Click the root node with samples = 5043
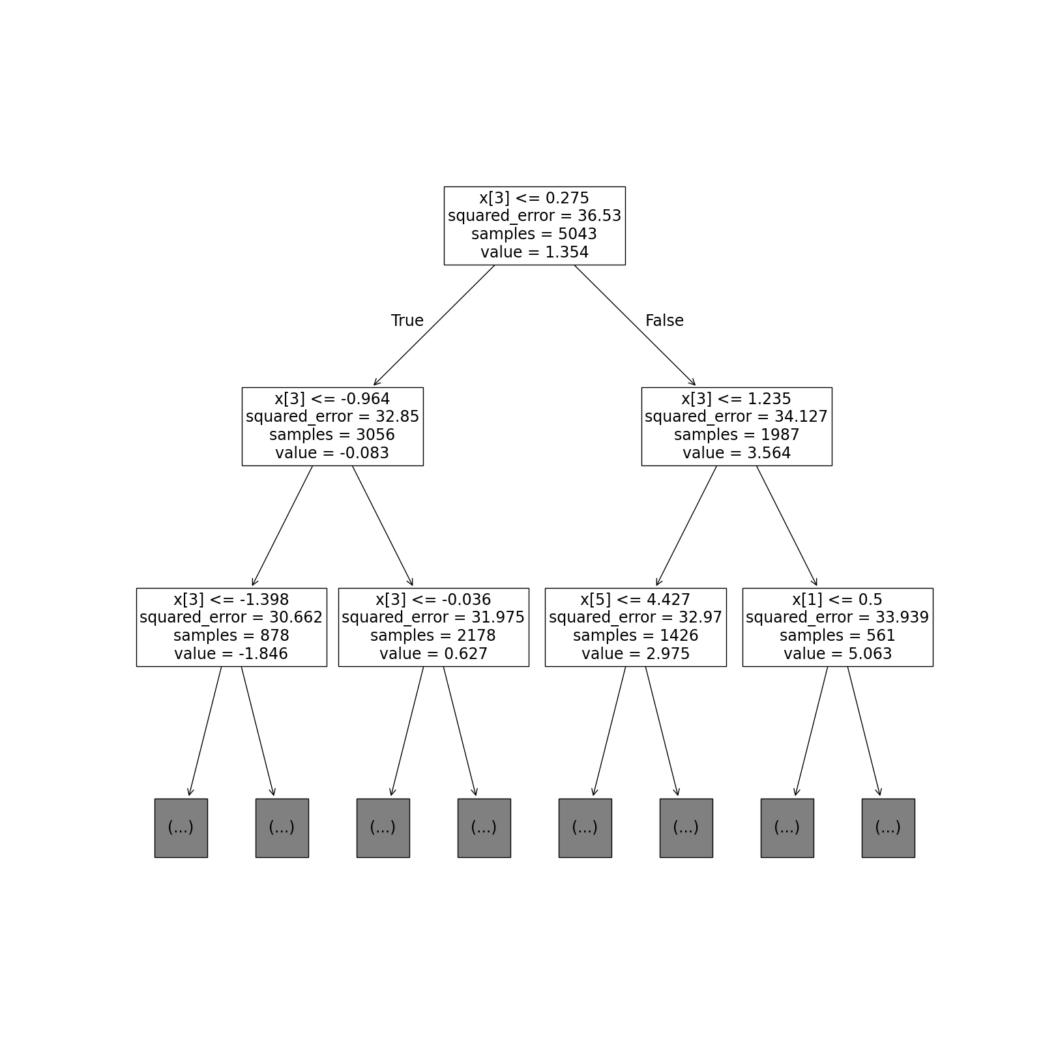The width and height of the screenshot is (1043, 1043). pyautogui.click(x=535, y=226)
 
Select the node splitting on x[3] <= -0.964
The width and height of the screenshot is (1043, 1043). pyautogui.click(x=332, y=426)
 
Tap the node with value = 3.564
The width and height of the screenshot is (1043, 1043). pyautogui.click(x=737, y=426)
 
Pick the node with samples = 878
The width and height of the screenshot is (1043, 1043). pyautogui.click(x=231, y=627)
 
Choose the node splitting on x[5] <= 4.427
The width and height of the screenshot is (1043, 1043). pyautogui.click(x=636, y=627)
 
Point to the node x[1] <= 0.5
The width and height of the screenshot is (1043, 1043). pyautogui.click(x=838, y=627)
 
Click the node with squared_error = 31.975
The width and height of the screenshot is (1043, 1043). pyautogui.click(x=433, y=627)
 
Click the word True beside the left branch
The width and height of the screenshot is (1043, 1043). pyautogui.click(x=407, y=321)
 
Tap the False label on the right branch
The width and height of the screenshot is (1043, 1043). pyautogui.click(x=664, y=321)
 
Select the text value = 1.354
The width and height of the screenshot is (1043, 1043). pyautogui.click(x=535, y=252)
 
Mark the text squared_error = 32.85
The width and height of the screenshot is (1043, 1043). pyautogui.click(x=332, y=417)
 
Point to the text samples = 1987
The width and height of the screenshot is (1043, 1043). pyautogui.click(x=737, y=435)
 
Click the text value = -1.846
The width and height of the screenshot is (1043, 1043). pyautogui.click(x=231, y=654)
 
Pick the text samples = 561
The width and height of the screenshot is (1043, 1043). pyautogui.click(x=838, y=636)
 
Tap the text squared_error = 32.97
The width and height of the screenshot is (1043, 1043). pyautogui.click(x=636, y=618)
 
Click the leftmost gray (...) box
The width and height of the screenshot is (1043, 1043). pyautogui.click(x=181, y=828)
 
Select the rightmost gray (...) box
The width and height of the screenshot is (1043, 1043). pyautogui.click(x=889, y=828)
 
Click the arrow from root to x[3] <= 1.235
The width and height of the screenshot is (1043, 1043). pyautogui.click(x=635, y=325)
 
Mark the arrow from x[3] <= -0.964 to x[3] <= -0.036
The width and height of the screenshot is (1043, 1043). pyautogui.click(x=383, y=526)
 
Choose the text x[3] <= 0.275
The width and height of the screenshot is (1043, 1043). pyautogui.click(x=535, y=198)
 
